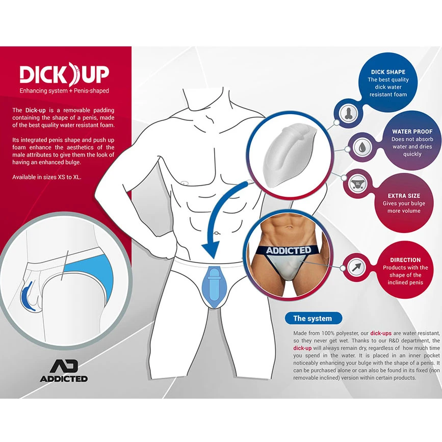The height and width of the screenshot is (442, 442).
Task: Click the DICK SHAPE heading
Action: pyautogui.click(x=388, y=72)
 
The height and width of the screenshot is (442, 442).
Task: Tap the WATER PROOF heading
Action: pyautogui.click(x=412, y=132)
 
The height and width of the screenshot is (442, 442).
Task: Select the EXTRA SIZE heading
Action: pyautogui.click(x=404, y=196)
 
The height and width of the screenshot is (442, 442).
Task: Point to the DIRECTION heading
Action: pyautogui.click(x=405, y=260)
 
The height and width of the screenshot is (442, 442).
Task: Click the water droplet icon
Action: pyautogui.click(x=362, y=147)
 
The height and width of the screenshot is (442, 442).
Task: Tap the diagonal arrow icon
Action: pyautogui.click(x=356, y=267)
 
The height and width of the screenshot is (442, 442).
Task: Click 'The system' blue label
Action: pyautogui.click(x=314, y=319)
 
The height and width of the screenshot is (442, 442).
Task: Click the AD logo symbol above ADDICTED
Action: pyautogui.click(x=64, y=366)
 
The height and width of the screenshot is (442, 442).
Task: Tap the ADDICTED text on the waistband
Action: pyautogui.click(x=289, y=250)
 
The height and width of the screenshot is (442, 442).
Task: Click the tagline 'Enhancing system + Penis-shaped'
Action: pyautogui.click(x=64, y=91)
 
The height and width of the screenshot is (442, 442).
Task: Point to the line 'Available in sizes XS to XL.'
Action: pyautogui.click(x=47, y=177)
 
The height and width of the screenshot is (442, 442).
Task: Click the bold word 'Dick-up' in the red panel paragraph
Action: pyautogui.click(x=35, y=110)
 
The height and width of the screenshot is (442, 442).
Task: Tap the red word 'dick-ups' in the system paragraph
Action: pyautogui.click(x=380, y=333)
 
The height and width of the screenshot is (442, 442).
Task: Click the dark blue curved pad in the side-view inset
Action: pyautogui.click(x=27, y=296)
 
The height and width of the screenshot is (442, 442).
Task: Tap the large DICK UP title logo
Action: pyautogui.click(x=64, y=74)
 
